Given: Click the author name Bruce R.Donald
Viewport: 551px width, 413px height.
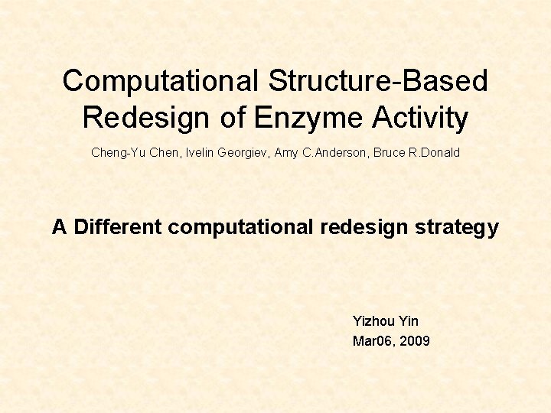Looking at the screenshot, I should (416, 152).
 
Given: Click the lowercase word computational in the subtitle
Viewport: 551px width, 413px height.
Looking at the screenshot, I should (241, 227).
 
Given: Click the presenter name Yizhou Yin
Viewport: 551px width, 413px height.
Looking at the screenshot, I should (385, 321).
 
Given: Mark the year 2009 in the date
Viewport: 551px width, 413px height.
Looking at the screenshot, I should (415, 341).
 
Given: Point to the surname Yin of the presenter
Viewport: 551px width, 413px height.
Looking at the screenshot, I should (408, 321).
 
